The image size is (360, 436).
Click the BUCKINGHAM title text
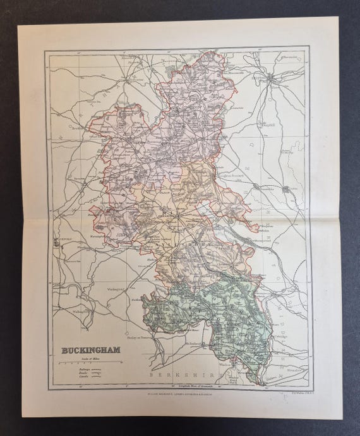[88, 349]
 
